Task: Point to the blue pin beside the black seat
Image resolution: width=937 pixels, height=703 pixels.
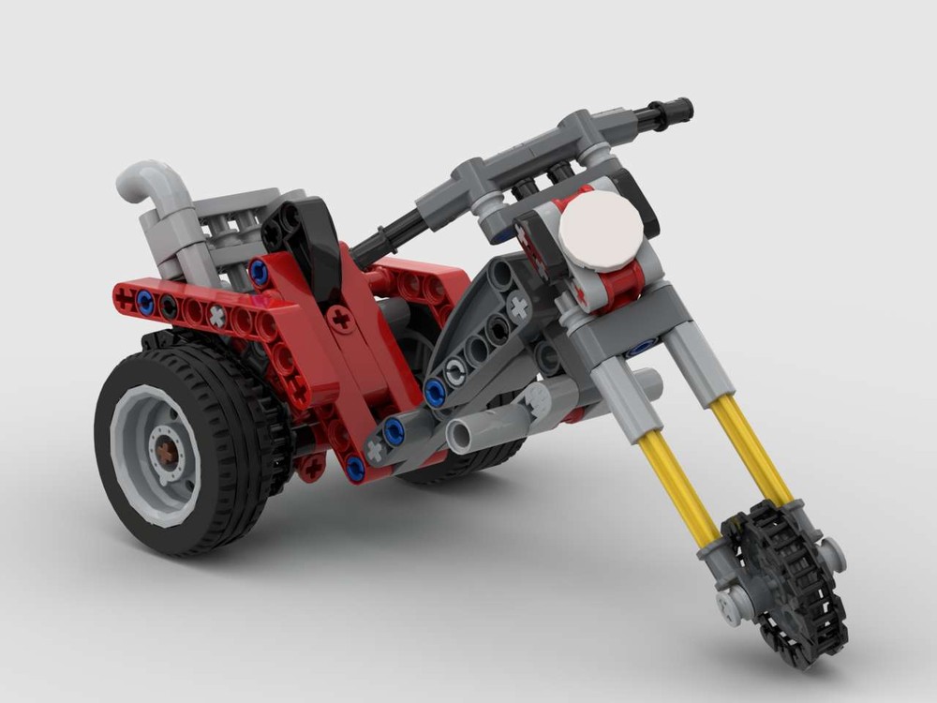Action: (259, 273)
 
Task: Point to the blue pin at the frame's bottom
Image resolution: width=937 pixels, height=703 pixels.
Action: (355, 466)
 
